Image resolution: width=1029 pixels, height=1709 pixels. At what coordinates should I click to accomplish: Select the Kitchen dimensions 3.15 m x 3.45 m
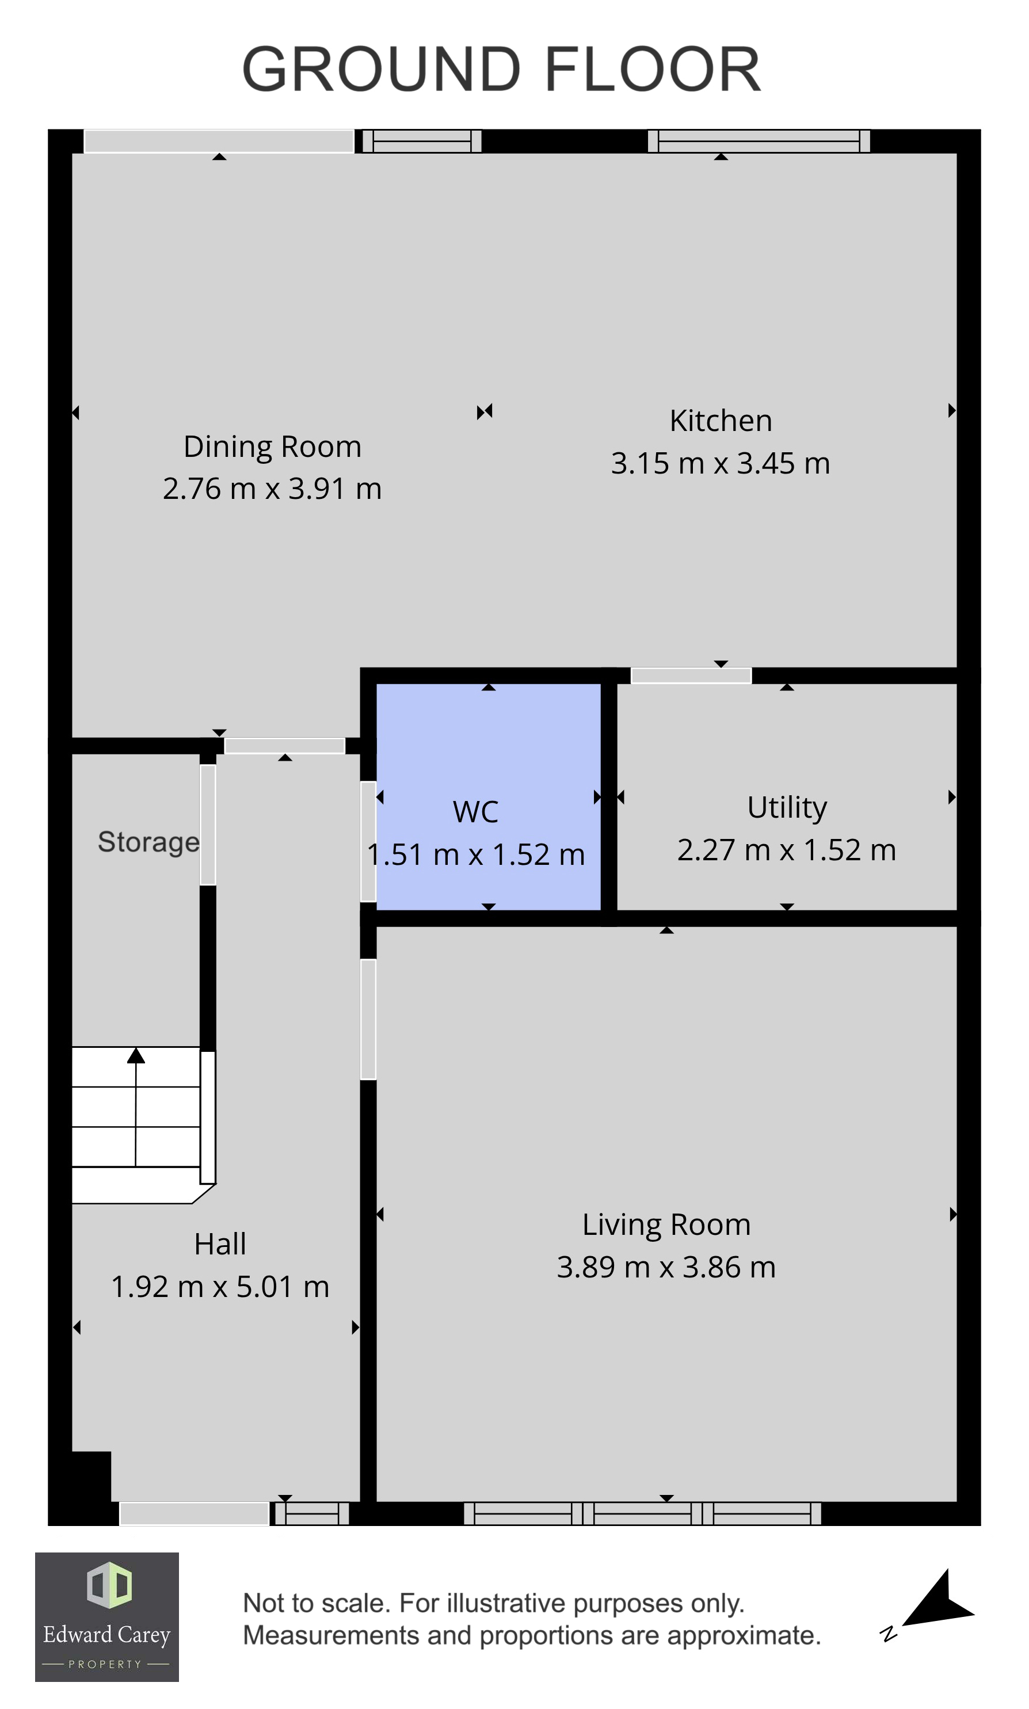point(720,464)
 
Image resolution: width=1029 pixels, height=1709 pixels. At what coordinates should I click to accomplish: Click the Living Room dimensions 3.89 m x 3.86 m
point(666,1267)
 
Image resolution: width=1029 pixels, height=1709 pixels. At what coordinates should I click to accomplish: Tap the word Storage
point(148,842)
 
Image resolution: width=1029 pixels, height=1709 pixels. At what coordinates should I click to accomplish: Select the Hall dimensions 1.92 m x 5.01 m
point(220,1287)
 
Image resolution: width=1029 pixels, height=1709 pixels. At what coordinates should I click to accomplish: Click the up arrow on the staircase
point(136,1056)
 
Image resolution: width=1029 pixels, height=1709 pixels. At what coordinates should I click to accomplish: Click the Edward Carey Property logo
point(107,1617)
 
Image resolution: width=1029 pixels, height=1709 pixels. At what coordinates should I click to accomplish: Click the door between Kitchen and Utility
point(691,676)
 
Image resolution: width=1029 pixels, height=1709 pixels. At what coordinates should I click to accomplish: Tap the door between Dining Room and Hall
point(284,746)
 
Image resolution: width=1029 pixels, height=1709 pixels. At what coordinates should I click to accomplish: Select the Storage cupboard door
point(208,825)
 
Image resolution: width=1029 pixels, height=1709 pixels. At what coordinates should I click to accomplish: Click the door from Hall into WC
point(368,842)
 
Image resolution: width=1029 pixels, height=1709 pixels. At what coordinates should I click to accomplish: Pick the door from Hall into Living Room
point(368,1018)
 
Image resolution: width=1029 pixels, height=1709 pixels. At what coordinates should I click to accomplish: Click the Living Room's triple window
point(642,1513)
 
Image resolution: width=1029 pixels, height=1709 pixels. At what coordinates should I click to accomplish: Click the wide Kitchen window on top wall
point(759,142)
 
